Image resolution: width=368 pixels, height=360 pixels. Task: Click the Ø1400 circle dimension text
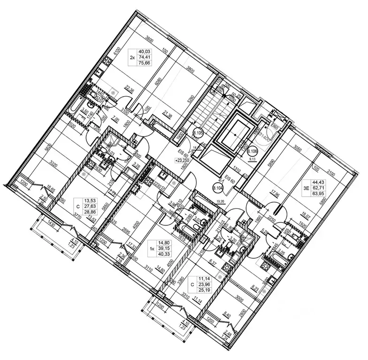[x=266, y=137]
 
